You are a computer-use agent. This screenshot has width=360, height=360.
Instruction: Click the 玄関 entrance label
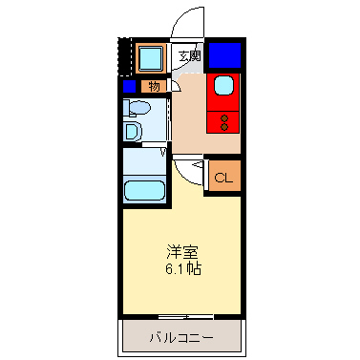(190, 55)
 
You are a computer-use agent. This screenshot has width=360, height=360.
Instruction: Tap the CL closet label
(222, 178)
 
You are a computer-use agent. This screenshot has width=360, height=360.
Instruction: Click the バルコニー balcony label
(180, 337)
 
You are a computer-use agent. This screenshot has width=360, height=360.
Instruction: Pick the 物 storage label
(155, 86)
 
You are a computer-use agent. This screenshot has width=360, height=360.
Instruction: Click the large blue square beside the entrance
(224, 55)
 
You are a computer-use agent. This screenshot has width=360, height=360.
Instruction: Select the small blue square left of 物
(129, 86)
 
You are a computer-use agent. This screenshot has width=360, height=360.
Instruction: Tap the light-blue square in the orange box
(150, 59)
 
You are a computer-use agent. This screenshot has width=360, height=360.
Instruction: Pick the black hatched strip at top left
(122, 57)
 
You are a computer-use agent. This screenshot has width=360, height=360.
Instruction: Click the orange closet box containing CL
(222, 176)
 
